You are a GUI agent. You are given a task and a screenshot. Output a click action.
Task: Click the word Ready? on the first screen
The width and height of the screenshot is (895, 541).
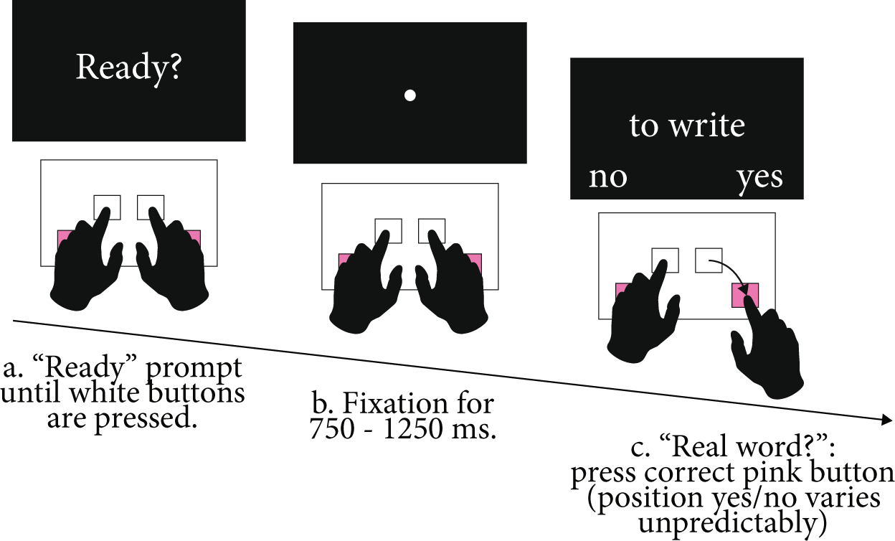click(x=129, y=68)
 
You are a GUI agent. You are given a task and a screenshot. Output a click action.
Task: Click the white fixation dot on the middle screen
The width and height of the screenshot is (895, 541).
click(x=409, y=95)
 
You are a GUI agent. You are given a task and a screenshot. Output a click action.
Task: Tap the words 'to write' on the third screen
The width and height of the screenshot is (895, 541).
click(x=687, y=126)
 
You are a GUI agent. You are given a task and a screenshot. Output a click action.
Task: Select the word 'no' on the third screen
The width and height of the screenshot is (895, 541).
click(x=607, y=177)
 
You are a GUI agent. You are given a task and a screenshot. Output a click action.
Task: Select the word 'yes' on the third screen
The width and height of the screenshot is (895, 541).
click(x=759, y=177)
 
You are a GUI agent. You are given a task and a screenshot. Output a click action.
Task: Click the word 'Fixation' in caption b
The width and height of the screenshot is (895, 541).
click(x=388, y=403)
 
